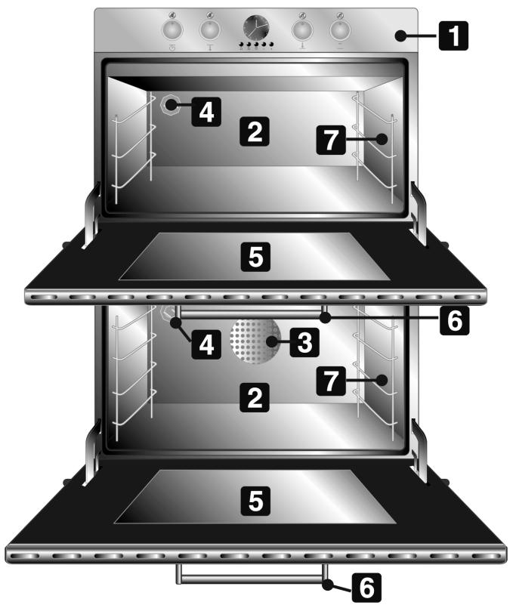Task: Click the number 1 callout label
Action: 453,35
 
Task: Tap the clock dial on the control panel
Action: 255,29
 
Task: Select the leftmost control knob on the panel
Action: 173,29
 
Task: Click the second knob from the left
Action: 209,29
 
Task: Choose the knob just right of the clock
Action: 303,29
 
